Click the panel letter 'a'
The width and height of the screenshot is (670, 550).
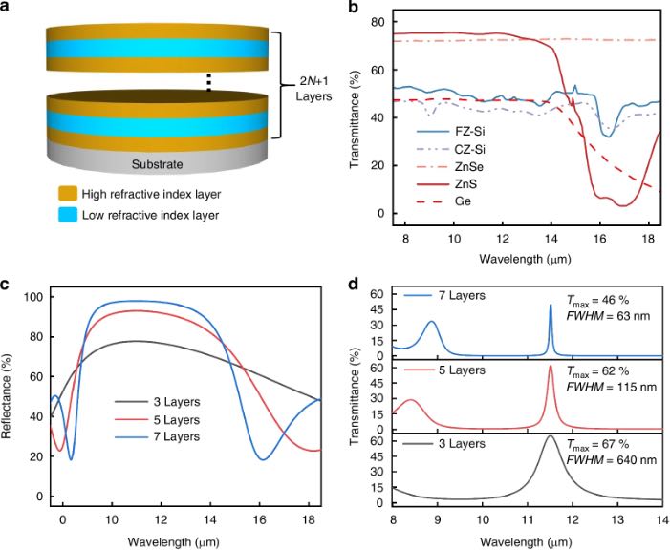coord(5,8)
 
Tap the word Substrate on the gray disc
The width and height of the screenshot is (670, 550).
coord(158,164)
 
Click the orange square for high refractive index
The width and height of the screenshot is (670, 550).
coord(68,194)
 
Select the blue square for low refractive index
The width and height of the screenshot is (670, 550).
coord(68,214)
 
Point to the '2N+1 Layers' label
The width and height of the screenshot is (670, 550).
coord(313,89)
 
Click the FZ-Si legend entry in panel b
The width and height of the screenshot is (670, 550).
coord(451,131)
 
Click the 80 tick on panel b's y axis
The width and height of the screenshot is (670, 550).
coord(378,22)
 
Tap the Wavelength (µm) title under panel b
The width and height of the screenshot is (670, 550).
coord(525,259)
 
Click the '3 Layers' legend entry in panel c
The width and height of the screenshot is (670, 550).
coord(158,402)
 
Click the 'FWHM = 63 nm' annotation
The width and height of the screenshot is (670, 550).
coord(609,316)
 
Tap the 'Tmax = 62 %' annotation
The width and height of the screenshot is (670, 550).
coord(598,372)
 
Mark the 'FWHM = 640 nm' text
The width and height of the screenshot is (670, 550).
coord(612,460)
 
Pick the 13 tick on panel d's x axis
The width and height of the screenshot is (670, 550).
coord(617,518)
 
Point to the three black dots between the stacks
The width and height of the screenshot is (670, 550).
coord(209,82)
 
